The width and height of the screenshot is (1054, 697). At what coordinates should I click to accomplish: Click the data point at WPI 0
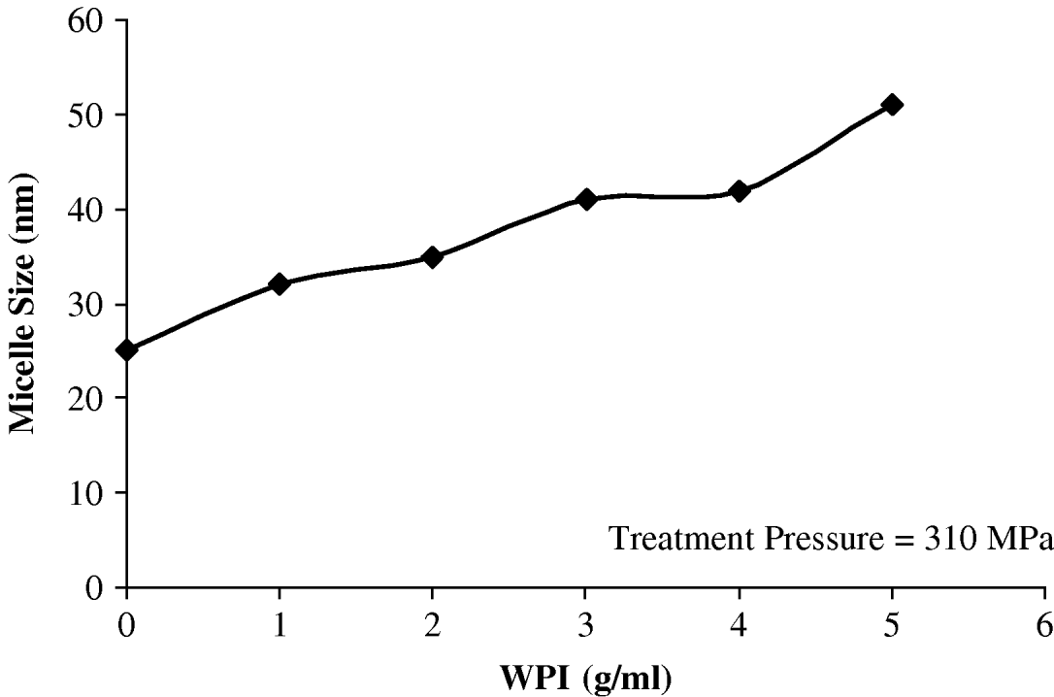pyautogui.click(x=127, y=349)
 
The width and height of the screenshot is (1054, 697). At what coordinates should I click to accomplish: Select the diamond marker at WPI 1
pyautogui.click(x=280, y=284)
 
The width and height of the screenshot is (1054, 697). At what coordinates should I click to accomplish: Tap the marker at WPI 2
pyautogui.click(x=433, y=257)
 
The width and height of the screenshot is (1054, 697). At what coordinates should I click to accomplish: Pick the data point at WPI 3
pyautogui.click(x=586, y=199)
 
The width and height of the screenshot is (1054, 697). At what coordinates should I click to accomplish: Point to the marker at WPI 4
pyautogui.click(x=740, y=191)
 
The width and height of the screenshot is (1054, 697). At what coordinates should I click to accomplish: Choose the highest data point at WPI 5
pyautogui.click(x=892, y=105)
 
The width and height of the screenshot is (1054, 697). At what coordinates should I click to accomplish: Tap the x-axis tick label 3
pyautogui.click(x=585, y=624)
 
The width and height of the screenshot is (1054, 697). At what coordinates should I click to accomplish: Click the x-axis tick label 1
pyautogui.click(x=280, y=624)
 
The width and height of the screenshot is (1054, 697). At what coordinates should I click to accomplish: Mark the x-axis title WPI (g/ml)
pyautogui.click(x=585, y=677)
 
